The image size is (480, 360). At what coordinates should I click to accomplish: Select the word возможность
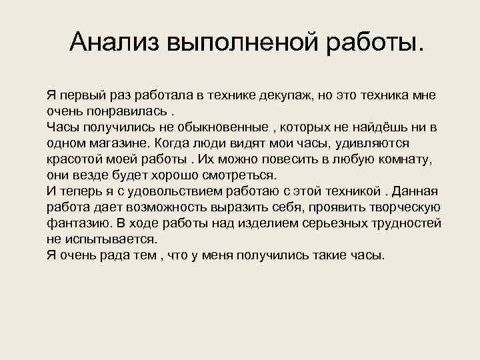click(165, 207)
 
